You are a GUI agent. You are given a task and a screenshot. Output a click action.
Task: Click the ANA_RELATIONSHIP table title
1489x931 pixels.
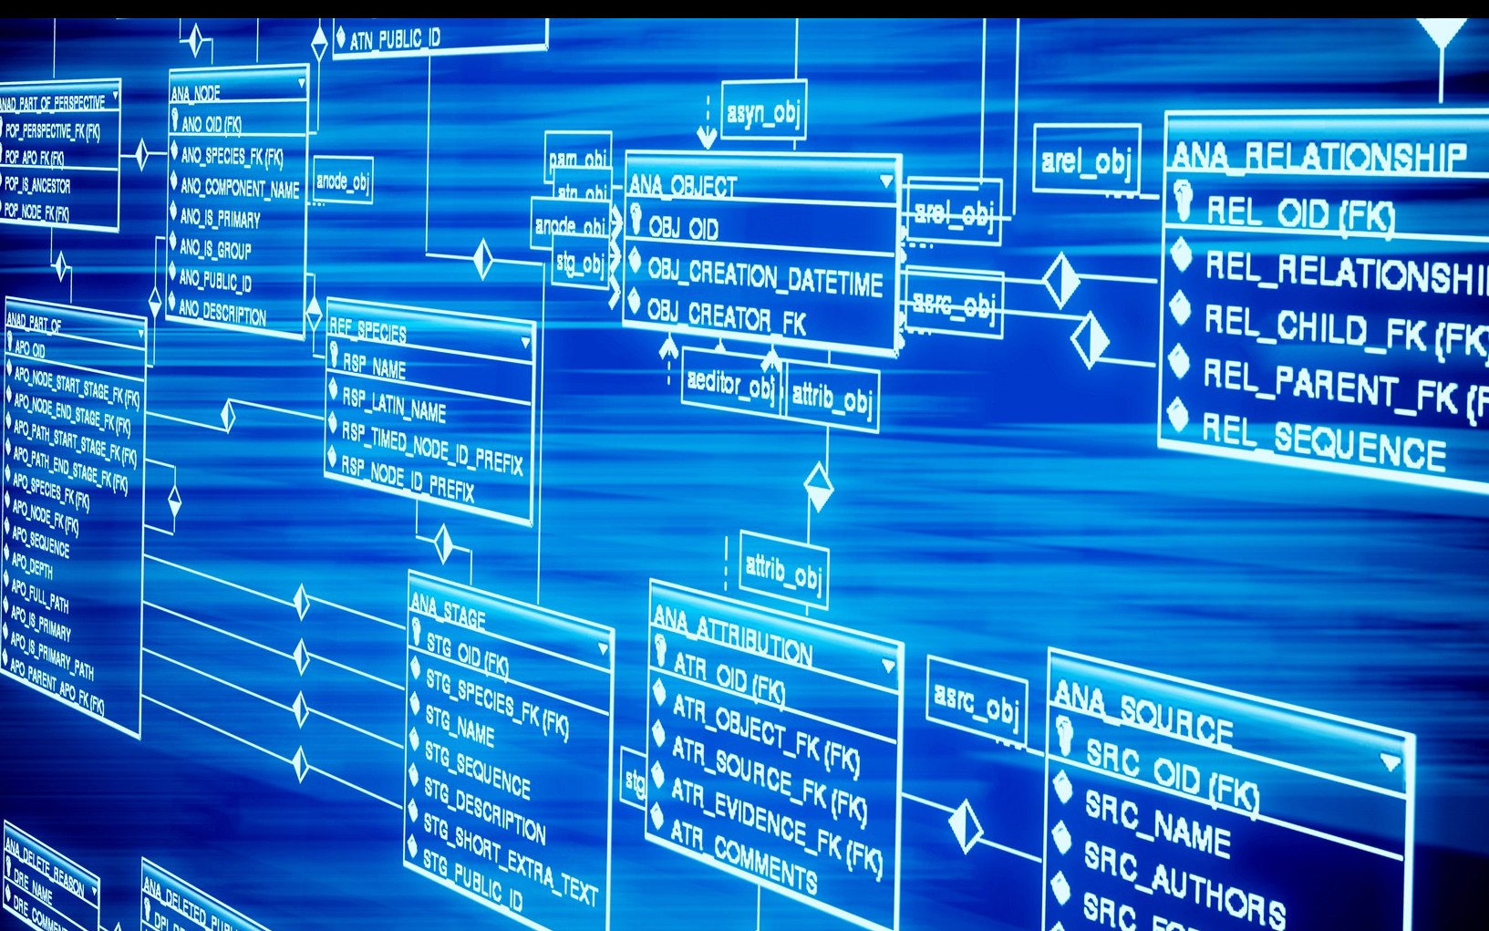point(1318,157)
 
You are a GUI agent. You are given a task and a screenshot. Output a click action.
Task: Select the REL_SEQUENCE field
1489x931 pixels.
point(1323,440)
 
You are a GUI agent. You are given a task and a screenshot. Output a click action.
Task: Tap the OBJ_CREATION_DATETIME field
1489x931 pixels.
point(764,276)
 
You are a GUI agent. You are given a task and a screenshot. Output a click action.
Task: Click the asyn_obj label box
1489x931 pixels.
point(763,111)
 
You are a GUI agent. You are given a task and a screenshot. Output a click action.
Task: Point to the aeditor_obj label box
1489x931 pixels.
point(730,384)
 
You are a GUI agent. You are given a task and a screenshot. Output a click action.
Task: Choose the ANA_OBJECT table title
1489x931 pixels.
point(682,185)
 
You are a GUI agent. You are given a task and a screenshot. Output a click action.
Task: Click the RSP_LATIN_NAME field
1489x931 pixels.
point(393,404)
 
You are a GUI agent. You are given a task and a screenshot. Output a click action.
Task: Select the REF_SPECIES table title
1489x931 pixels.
point(367,329)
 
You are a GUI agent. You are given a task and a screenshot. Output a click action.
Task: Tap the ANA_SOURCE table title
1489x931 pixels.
point(1143,712)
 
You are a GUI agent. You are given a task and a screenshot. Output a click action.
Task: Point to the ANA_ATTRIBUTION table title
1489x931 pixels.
point(732,634)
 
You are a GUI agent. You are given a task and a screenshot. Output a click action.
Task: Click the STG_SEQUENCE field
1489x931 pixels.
point(477,771)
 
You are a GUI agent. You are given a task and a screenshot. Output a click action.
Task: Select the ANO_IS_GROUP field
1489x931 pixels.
point(215,248)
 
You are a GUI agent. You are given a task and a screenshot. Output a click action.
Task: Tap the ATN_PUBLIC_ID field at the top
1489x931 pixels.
point(394,39)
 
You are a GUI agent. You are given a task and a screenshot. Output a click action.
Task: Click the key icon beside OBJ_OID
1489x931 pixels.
point(636,218)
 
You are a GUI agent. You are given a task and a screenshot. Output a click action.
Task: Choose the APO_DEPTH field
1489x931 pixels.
point(33,564)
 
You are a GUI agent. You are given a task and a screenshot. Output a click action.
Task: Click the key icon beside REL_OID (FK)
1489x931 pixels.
point(1184,200)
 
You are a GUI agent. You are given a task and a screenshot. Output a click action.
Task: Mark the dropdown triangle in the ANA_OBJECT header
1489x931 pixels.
point(885,181)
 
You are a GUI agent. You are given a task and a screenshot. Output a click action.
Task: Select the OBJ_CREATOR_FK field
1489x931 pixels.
point(726,317)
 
